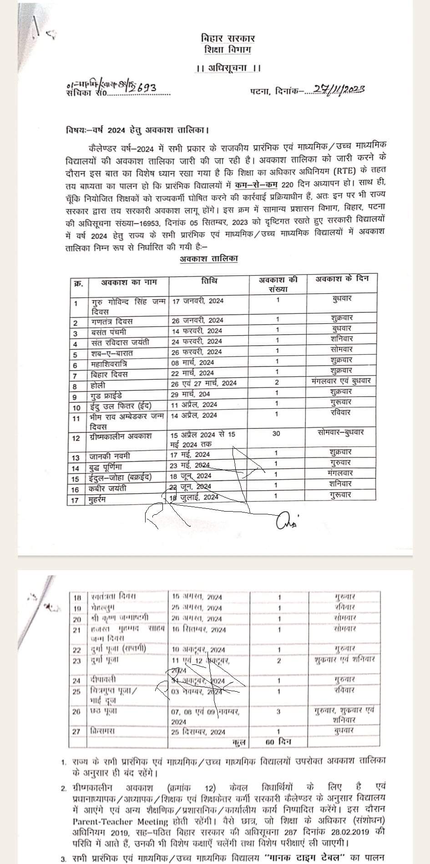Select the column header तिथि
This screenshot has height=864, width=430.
(x=209, y=281)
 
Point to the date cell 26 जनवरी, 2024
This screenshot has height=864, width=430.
(x=197, y=320)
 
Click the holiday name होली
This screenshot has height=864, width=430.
(x=98, y=385)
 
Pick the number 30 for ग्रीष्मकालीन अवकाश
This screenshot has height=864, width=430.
(x=276, y=433)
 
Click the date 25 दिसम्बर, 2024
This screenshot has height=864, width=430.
(x=198, y=732)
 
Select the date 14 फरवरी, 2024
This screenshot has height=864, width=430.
(x=197, y=331)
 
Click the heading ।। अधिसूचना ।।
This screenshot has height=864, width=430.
(x=228, y=68)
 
